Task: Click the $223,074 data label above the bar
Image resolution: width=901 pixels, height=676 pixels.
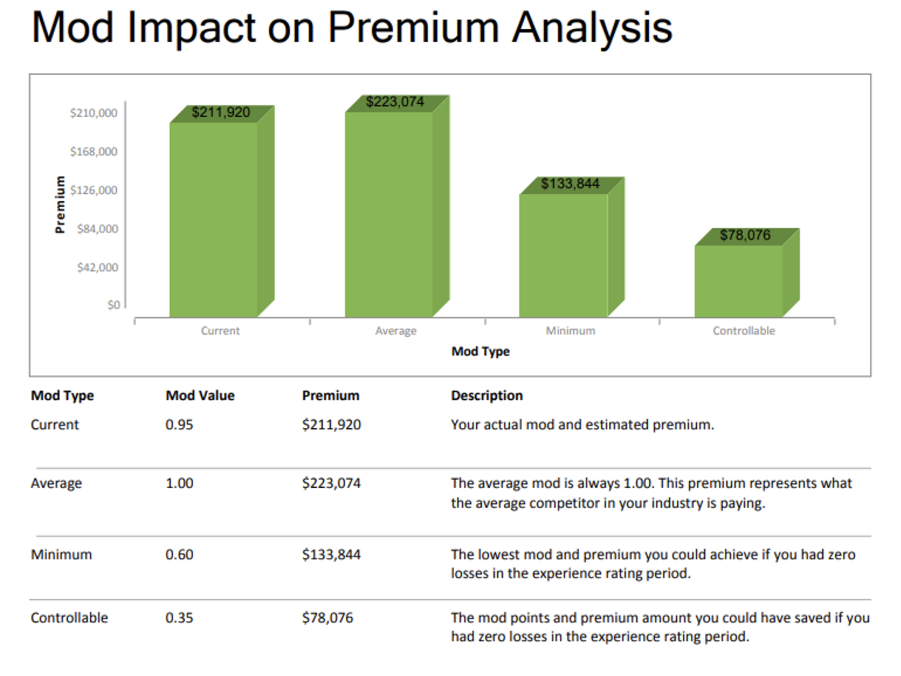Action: point(395,102)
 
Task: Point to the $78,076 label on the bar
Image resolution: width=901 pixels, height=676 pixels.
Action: point(745,235)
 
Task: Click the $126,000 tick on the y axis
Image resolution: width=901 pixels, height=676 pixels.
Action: point(94,190)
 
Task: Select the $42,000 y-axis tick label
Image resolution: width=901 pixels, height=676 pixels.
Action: point(97,268)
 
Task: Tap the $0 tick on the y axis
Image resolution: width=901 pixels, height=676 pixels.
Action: point(114,305)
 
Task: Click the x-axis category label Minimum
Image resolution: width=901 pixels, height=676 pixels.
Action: point(570,331)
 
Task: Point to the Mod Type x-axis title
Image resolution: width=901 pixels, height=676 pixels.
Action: point(480,351)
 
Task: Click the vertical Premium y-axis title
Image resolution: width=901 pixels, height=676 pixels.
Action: point(60,204)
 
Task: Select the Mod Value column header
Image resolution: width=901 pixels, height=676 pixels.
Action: point(200,396)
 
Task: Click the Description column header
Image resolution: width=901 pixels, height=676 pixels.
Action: point(486,396)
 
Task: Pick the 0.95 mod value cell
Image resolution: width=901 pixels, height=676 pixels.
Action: point(179,425)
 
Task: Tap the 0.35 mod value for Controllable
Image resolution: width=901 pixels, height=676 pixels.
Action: point(179,618)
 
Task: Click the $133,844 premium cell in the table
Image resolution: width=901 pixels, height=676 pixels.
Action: point(331,555)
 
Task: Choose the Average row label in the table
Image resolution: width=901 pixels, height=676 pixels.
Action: point(56,484)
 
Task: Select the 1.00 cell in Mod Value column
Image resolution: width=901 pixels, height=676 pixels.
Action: point(179,484)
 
